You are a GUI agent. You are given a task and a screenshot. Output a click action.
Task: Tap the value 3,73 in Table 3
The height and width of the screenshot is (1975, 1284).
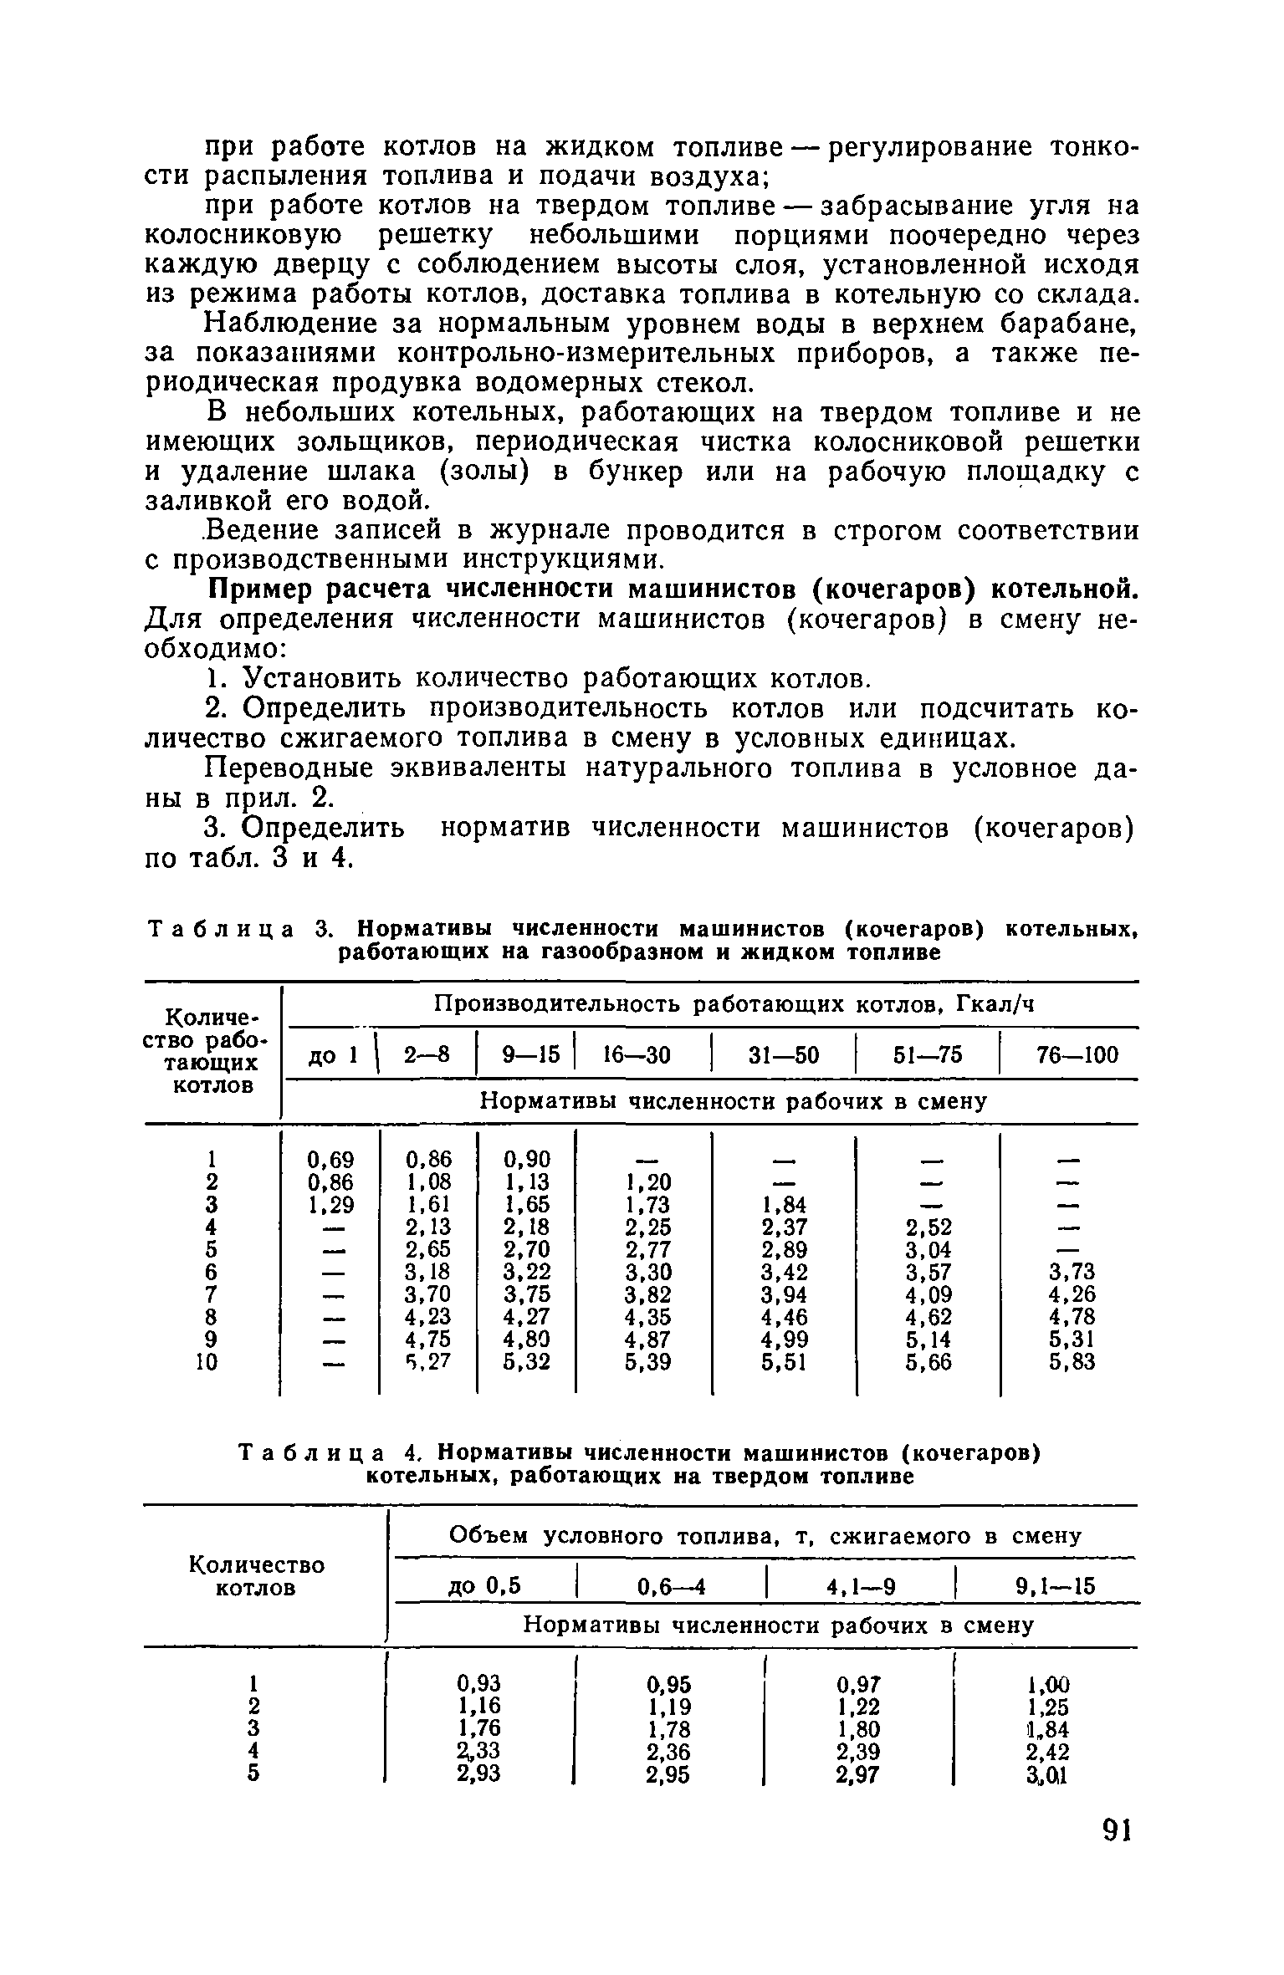(x=1072, y=1272)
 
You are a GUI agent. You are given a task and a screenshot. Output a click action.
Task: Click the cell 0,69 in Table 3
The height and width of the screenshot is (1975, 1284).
(x=330, y=1160)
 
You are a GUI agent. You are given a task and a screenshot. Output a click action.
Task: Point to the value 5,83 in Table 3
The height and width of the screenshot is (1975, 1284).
(x=1072, y=1362)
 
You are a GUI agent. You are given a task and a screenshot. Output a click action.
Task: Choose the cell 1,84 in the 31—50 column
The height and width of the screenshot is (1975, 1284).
(x=785, y=1204)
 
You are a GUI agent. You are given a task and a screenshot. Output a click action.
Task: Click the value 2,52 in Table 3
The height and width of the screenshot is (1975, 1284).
(x=928, y=1227)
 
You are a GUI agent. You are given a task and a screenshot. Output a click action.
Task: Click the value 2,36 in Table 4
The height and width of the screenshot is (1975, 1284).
(x=668, y=1750)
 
